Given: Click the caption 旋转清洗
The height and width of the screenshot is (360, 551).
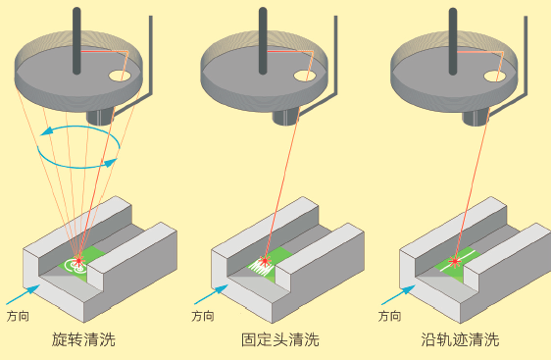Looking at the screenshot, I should click(83, 340).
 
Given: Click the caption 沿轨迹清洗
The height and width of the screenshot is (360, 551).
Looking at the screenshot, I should click(459, 340).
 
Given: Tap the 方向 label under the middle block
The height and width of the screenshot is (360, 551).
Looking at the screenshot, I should click(203, 317).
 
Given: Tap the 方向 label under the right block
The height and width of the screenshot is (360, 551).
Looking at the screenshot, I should click(389, 317).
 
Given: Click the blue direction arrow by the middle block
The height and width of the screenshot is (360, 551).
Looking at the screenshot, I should click(210, 291).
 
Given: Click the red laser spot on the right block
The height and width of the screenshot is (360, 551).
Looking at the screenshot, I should click(454, 261).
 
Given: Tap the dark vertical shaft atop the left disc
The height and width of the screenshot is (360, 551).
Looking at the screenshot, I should click(75, 39).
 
